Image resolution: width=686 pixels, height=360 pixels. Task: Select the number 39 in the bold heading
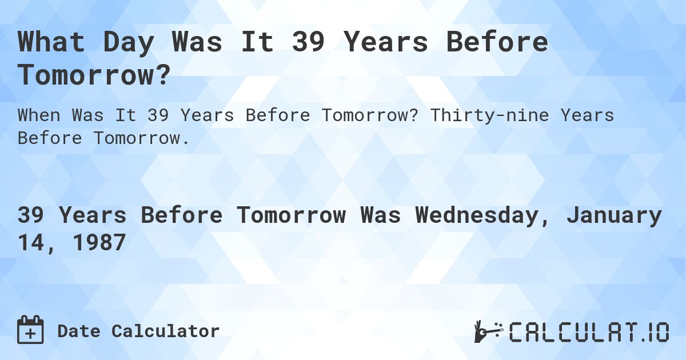point(309,43)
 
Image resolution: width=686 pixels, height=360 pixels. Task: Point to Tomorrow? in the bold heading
point(94,75)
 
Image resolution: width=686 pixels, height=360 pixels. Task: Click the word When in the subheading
point(39,115)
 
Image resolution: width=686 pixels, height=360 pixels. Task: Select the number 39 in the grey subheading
point(158,115)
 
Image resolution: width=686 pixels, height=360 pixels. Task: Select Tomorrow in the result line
point(291,215)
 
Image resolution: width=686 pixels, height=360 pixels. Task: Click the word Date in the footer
point(78,331)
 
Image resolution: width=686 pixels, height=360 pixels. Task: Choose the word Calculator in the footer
point(165,331)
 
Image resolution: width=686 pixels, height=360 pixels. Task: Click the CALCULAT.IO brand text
point(589,332)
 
